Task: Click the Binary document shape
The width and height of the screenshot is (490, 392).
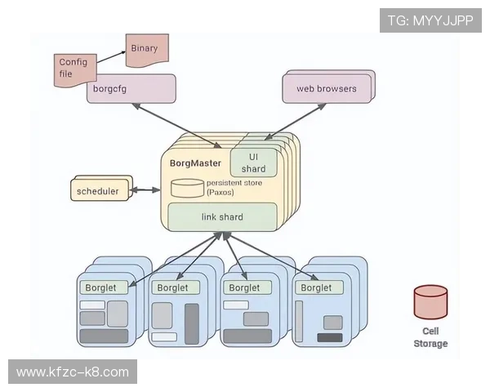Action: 145,50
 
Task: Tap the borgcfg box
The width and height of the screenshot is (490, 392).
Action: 131,88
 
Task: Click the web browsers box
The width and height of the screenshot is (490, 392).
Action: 326,88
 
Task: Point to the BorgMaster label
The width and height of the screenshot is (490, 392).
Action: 195,163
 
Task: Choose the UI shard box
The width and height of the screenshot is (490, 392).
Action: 253,163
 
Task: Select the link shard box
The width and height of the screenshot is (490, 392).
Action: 221,216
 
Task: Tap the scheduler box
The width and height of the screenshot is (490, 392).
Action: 97,192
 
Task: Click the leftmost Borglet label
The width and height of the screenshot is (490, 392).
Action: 102,287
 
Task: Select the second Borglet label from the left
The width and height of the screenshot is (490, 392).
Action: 172,287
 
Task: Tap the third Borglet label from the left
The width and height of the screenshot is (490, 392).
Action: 244,287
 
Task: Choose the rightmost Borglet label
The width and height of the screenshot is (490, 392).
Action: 316,287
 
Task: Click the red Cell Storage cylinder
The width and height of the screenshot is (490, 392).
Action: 430,302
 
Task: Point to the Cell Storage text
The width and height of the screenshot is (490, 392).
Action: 430,337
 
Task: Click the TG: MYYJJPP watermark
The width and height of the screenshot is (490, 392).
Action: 430,20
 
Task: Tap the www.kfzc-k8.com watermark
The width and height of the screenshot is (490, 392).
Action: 72,372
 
